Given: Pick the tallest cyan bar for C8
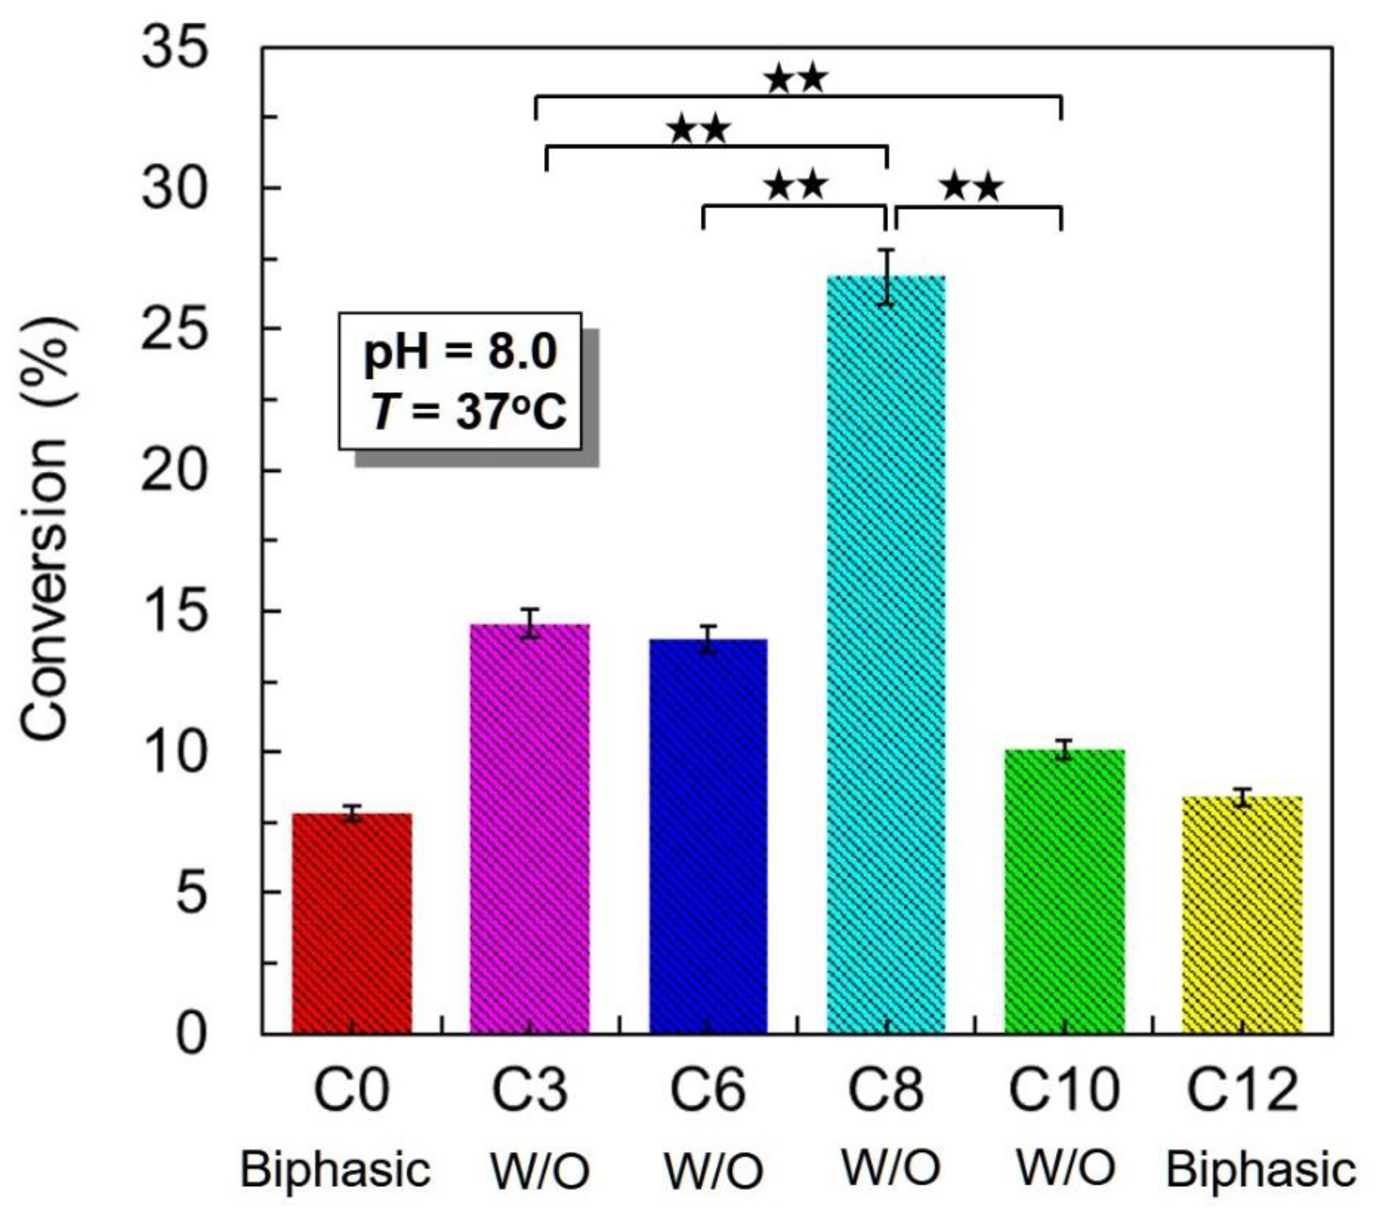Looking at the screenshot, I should click(x=886, y=655).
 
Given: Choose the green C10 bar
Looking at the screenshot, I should click(x=1064, y=891).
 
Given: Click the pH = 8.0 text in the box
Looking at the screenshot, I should click(x=460, y=352).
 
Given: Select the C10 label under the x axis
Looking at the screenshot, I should click(x=1064, y=1090).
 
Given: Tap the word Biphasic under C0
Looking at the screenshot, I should click(x=335, y=1170).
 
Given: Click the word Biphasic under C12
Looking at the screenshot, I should click(x=1261, y=1170).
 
